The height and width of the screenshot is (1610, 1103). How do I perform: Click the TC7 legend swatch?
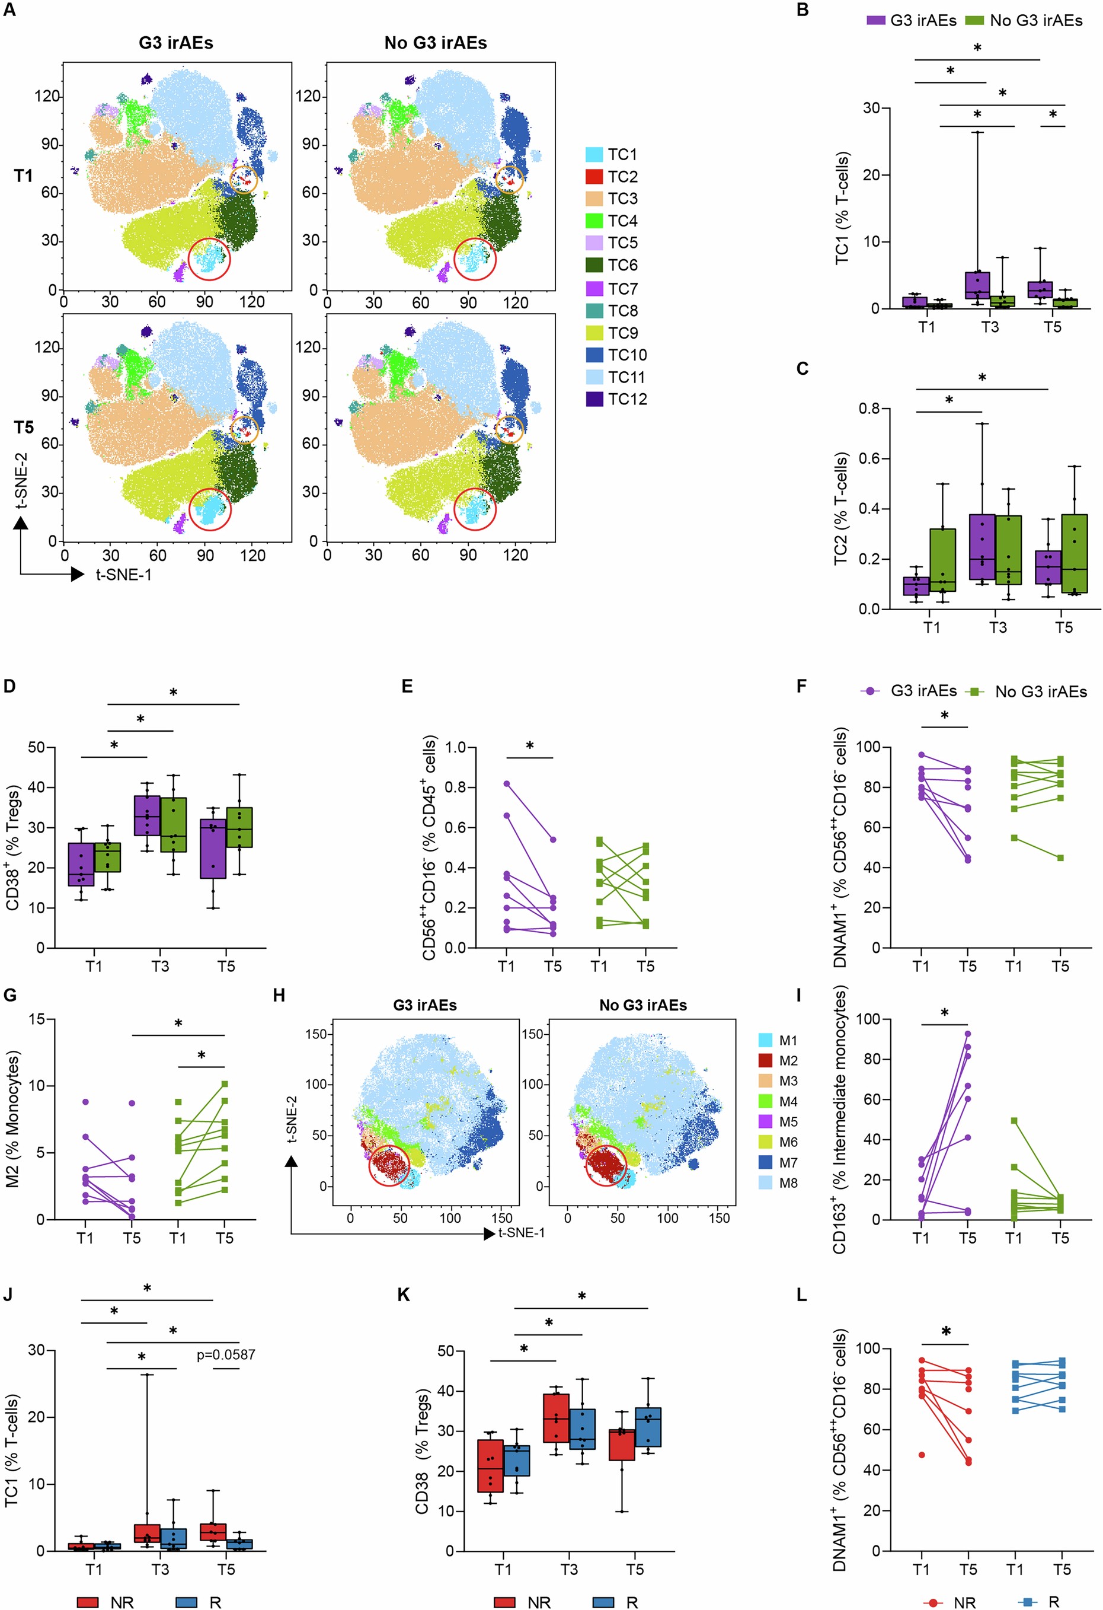(x=594, y=288)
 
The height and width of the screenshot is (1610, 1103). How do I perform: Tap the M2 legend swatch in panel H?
(x=765, y=1061)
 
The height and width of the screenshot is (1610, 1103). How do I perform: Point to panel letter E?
(x=407, y=687)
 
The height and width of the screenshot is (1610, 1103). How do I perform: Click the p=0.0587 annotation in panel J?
(x=226, y=1354)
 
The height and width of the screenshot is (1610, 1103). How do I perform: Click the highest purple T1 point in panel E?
(x=507, y=783)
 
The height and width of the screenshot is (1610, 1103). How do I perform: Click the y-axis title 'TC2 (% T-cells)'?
(x=840, y=509)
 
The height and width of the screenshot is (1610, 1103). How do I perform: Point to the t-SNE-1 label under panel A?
(x=123, y=574)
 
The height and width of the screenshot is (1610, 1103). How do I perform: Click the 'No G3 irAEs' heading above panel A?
(x=436, y=43)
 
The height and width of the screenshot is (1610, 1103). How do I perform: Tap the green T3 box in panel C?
(x=1008, y=550)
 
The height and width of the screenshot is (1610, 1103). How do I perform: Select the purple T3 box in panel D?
(x=147, y=815)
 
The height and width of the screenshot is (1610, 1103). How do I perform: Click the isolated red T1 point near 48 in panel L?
(x=922, y=1454)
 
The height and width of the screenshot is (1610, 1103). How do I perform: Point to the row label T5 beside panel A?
(x=24, y=428)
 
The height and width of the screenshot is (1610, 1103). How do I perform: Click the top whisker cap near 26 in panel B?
(x=977, y=132)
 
